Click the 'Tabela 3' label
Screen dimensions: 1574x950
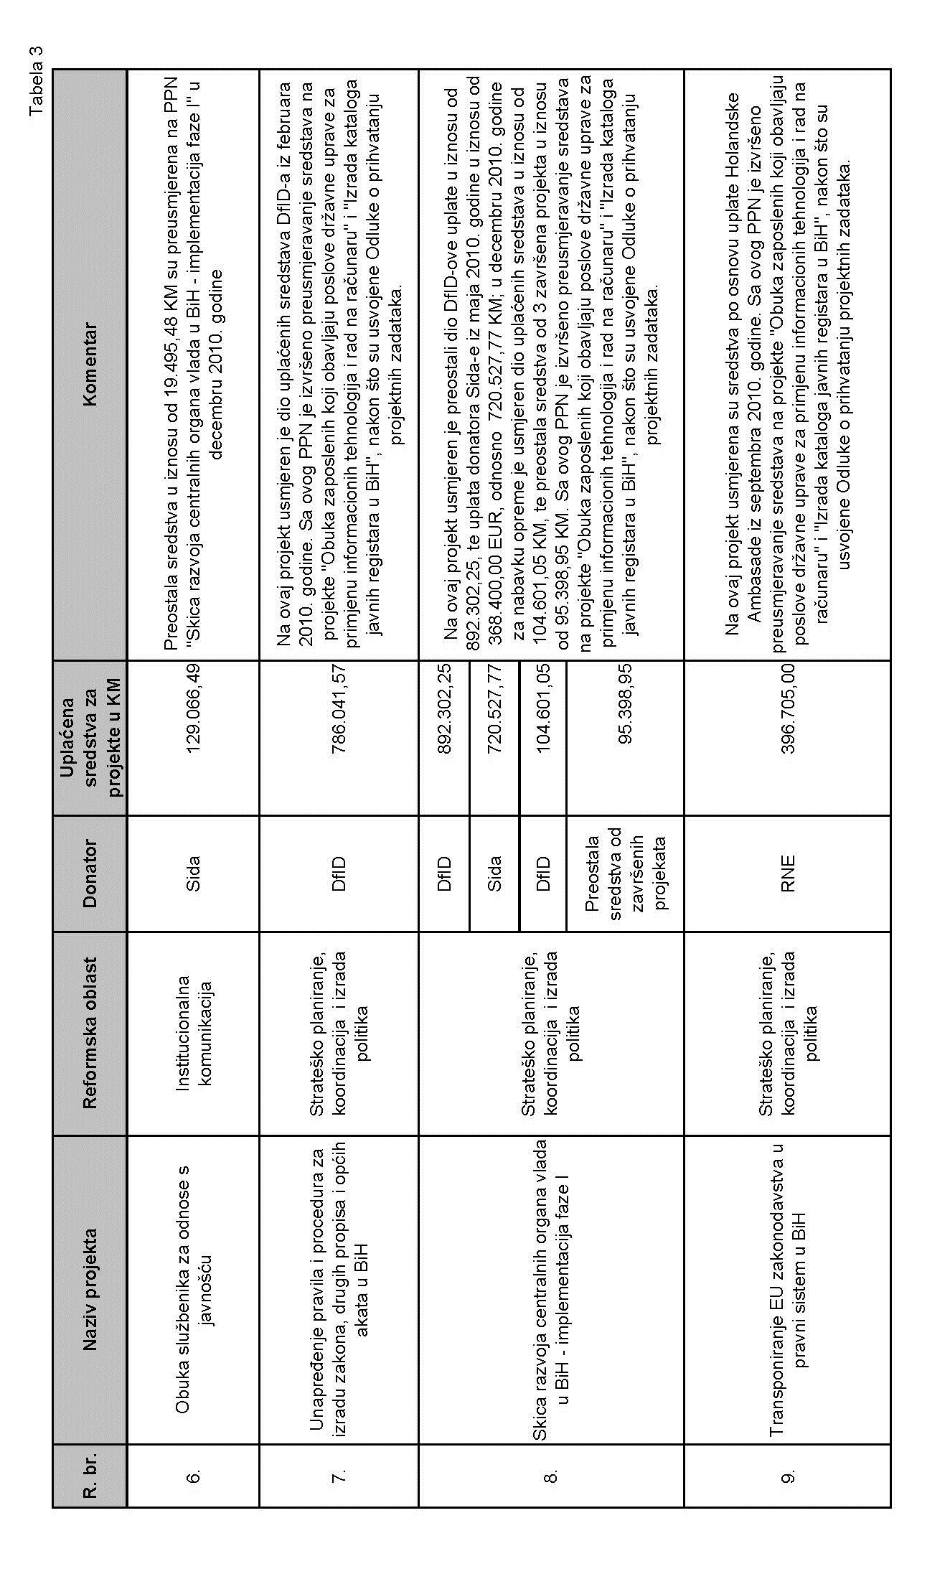point(36,82)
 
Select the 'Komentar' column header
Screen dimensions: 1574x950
point(90,366)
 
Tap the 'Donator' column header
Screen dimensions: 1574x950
point(90,873)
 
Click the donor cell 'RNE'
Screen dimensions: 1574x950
point(789,873)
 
